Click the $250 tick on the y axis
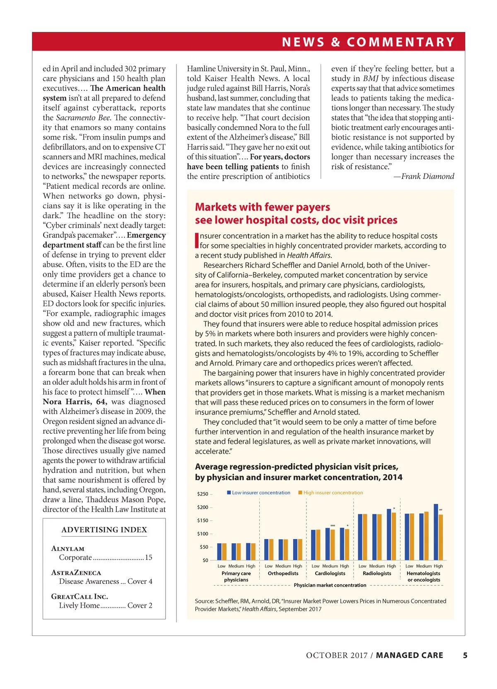coord(203,494)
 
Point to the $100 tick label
coord(203,534)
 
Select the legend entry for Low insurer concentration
coord(259,493)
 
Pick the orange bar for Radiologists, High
coord(394,537)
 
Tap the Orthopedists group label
coord(283,573)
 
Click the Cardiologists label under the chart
coord(330,573)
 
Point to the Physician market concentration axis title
coord(330,585)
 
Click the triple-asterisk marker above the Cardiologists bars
coord(333,526)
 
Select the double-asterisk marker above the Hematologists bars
coord(441,510)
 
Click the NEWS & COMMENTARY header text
coord(368,42)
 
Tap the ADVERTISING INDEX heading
coord(104,530)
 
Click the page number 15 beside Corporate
coord(149,558)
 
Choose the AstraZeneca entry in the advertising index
coord(76,573)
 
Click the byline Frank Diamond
coord(427,176)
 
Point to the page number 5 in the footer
coord(465,655)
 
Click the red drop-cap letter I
coord(197,241)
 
